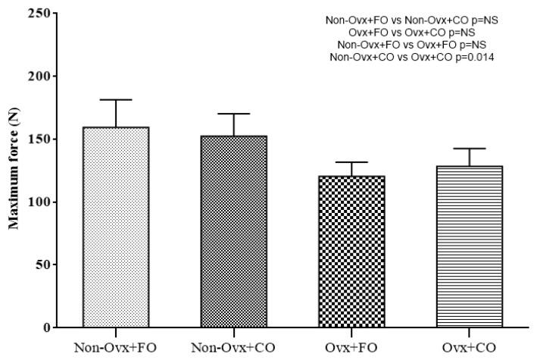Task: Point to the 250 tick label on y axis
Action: (45, 14)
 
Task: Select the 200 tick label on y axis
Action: (45, 77)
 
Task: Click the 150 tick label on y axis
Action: (45, 139)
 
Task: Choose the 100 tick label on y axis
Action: (45, 202)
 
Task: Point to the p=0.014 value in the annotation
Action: (475, 58)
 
